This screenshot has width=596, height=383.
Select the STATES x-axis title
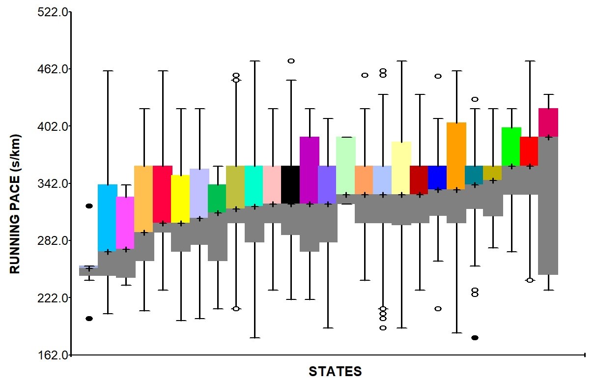(x=335, y=371)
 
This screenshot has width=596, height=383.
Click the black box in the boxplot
(x=290, y=184)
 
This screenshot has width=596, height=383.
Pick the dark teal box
(x=474, y=175)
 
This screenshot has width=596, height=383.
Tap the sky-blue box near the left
(x=108, y=217)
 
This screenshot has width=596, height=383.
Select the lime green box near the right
(x=511, y=147)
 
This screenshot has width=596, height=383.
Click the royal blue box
(x=437, y=177)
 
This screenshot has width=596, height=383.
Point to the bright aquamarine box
(x=254, y=186)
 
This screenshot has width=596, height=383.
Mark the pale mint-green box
(x=346, y=165)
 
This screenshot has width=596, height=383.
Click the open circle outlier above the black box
(x=291, y=61)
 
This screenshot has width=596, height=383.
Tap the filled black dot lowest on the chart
(x=475, y=338)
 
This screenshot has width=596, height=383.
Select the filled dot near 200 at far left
(x=89, y=319)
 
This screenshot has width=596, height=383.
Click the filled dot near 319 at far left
(x=89, y=206)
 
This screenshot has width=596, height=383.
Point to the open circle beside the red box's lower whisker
(x=530, y=280)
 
